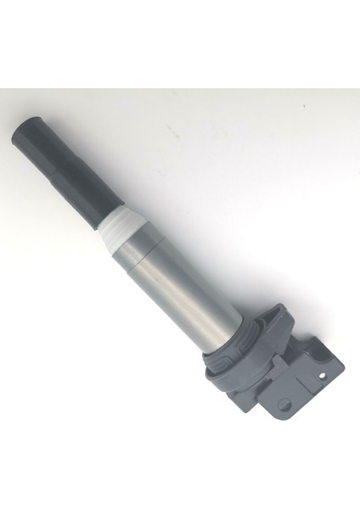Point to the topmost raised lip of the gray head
click(280, 311)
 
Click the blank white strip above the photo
click(180, 42)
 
